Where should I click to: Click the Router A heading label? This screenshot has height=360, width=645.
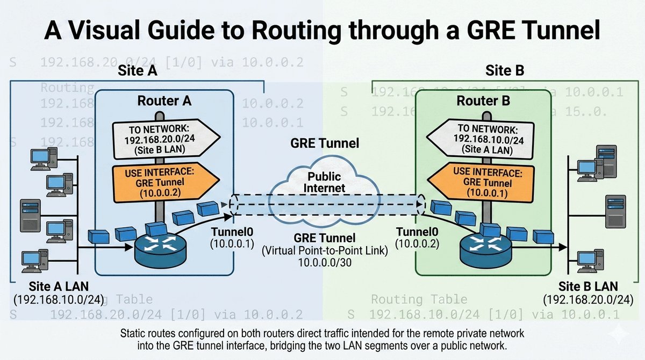click(x=164, y=100)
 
